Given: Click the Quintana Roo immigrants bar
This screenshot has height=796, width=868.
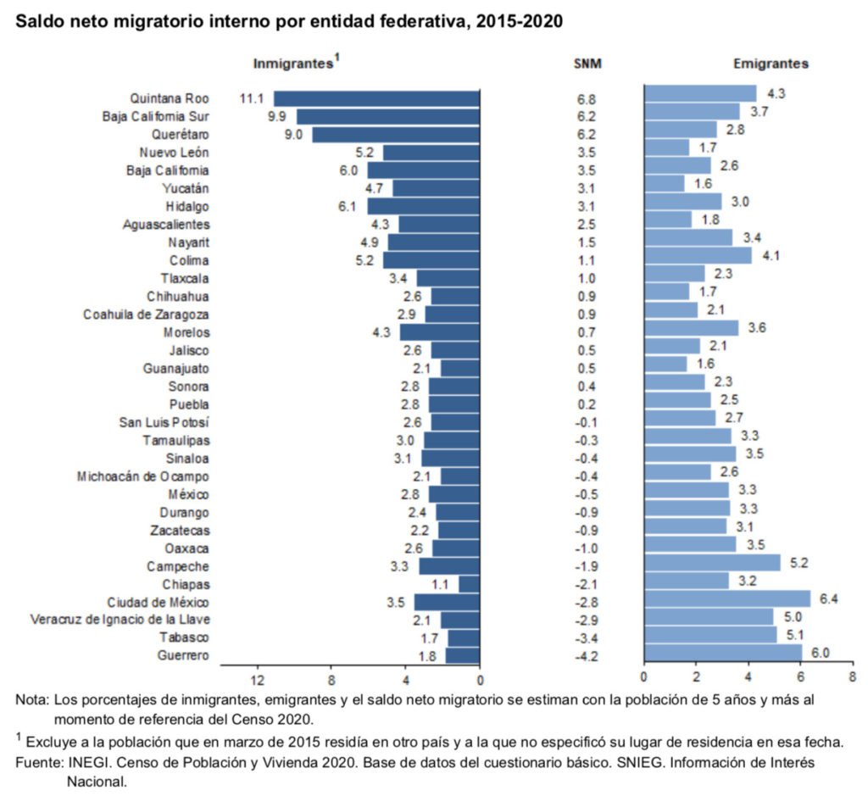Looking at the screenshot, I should (376, 98).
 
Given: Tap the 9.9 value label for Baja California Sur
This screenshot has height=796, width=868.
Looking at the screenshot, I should (277, 117).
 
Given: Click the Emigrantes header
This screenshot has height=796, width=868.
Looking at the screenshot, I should (771, 64).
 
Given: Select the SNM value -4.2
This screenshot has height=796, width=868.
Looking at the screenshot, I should (586, 655).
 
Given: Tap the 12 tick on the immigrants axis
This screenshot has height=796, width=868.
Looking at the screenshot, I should (257, 680).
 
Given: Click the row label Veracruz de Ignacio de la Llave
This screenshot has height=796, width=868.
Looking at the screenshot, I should (120, 620).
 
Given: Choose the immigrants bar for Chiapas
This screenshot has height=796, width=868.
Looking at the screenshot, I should (469, 584).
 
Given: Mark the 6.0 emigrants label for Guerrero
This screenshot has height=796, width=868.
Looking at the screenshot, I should (821, 652).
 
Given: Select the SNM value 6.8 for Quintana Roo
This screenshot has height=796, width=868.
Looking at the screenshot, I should (586, 99).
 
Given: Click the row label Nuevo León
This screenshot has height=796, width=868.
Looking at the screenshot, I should (174, 153).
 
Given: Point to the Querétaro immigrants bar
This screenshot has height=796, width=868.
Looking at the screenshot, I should (396, 135).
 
